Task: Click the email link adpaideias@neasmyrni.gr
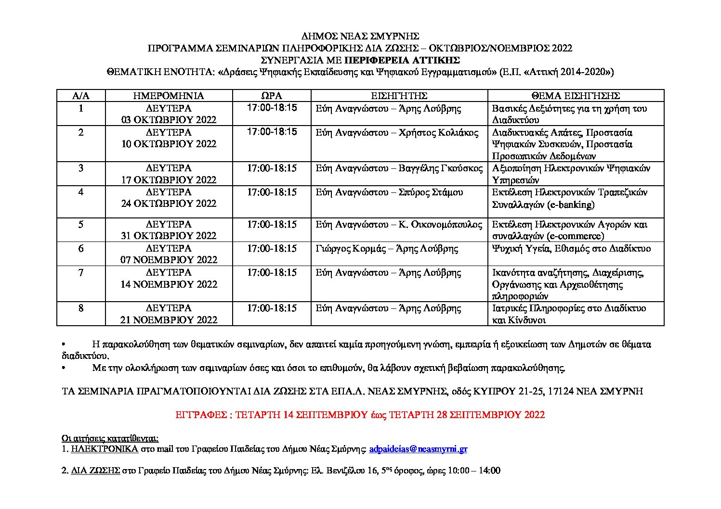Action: point(418,449)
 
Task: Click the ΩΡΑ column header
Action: point(272,96)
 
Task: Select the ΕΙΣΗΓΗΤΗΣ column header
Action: point(399,96)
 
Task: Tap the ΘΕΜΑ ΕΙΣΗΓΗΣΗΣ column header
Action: point(576,96)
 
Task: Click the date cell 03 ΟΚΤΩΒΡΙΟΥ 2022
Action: point(169,120)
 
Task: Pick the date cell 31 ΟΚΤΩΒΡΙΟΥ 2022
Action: point(169,236)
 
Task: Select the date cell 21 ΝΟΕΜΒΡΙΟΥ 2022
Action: point(169,320)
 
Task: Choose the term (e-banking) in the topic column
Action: point(571,204)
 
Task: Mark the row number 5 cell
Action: point(80,225)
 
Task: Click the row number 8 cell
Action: point(80,308)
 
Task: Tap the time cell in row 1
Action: point(272,108)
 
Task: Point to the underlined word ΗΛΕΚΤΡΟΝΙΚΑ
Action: point(105,449)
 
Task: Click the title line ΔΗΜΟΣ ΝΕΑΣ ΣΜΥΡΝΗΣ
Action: point(360,36)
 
